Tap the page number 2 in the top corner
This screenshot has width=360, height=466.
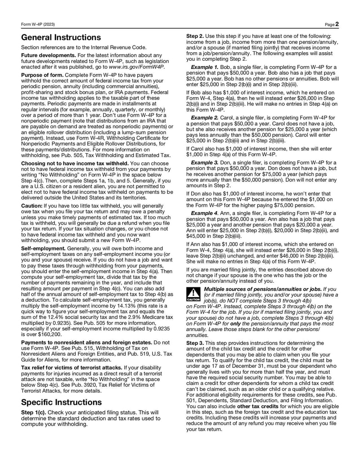point(337,24)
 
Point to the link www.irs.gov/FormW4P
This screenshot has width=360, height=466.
point(137,67)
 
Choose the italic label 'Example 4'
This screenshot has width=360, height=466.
point(205,213)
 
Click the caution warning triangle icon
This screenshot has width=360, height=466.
point(194,294)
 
